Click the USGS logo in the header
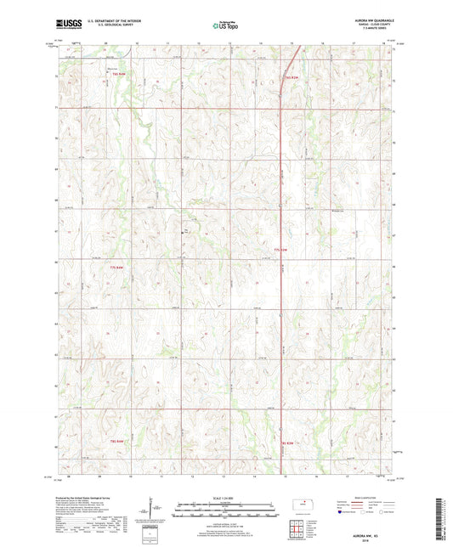pyautogui.click(x=71, y=25)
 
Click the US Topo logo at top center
pyautogui.click(x=225, y=25)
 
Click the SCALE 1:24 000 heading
pyautogui.click(x=226, y=497)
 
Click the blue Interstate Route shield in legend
pyautogui.click(x=342, y=512)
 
